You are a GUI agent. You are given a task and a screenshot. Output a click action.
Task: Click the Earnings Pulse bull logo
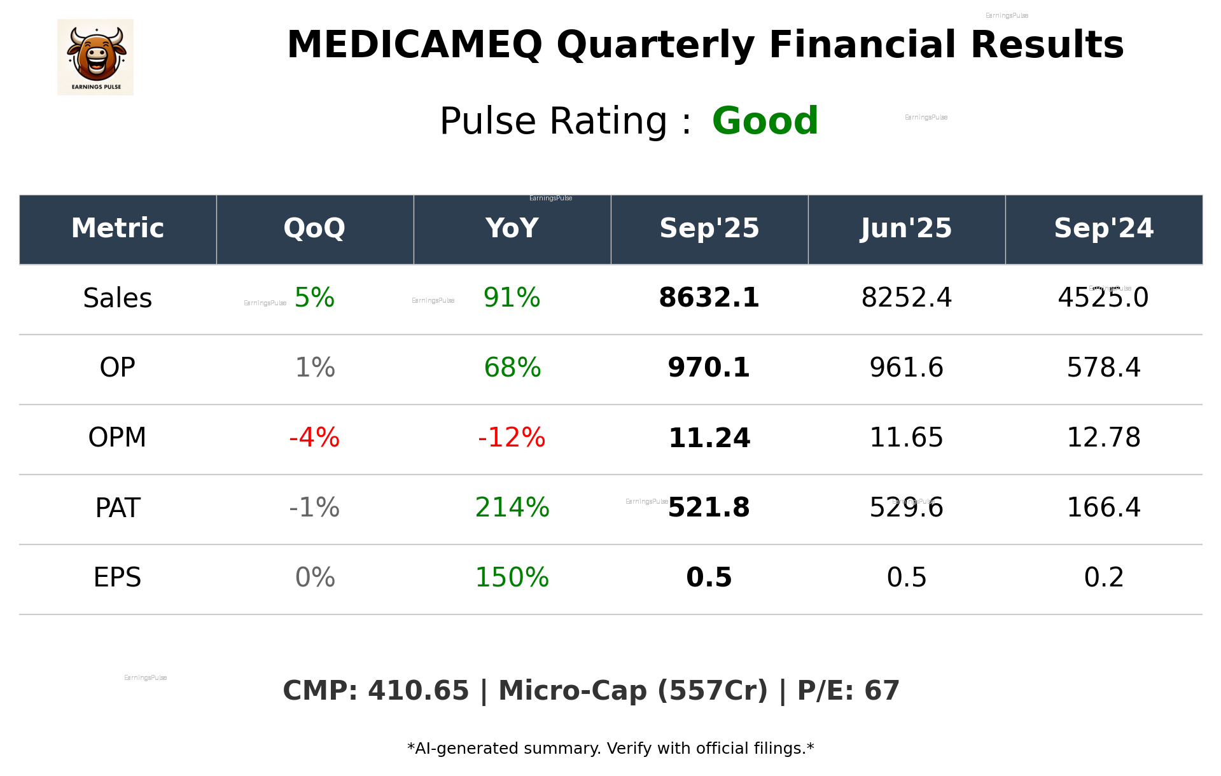[95, 57]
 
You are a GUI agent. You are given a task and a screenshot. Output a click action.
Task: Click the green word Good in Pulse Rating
[765, 121]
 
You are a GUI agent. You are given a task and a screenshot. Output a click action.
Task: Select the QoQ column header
[314, 228]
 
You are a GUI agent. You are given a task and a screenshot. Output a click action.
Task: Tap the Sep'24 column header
[1103, 228]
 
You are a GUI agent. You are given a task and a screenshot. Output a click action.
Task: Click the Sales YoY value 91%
[512, 298]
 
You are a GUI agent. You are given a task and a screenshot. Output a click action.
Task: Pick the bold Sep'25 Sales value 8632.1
[709, 298]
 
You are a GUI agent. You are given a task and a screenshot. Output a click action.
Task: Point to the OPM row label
[117, 438]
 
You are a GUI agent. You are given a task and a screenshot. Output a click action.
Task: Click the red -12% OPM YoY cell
[512, 438]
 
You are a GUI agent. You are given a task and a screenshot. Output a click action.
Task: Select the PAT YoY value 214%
[512, 508]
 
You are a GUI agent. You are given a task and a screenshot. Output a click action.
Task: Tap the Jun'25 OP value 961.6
[906, 368]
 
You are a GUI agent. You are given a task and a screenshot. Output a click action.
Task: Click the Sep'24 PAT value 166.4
[1103, 508]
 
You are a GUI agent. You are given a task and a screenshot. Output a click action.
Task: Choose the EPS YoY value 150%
[512, 578]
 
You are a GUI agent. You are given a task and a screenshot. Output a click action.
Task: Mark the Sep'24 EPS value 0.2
[1103, 578]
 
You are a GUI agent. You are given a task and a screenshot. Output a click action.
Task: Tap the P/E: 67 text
[848, 691]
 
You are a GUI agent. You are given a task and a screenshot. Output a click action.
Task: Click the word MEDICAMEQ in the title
[414, 45]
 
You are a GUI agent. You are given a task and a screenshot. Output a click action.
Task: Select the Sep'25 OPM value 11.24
[709, 438]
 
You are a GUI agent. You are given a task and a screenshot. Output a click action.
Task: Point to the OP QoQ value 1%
[314, 368]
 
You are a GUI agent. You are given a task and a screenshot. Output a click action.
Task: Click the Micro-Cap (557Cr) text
[632, 691]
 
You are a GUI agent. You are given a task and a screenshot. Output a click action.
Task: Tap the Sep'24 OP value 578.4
[1103, 368]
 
